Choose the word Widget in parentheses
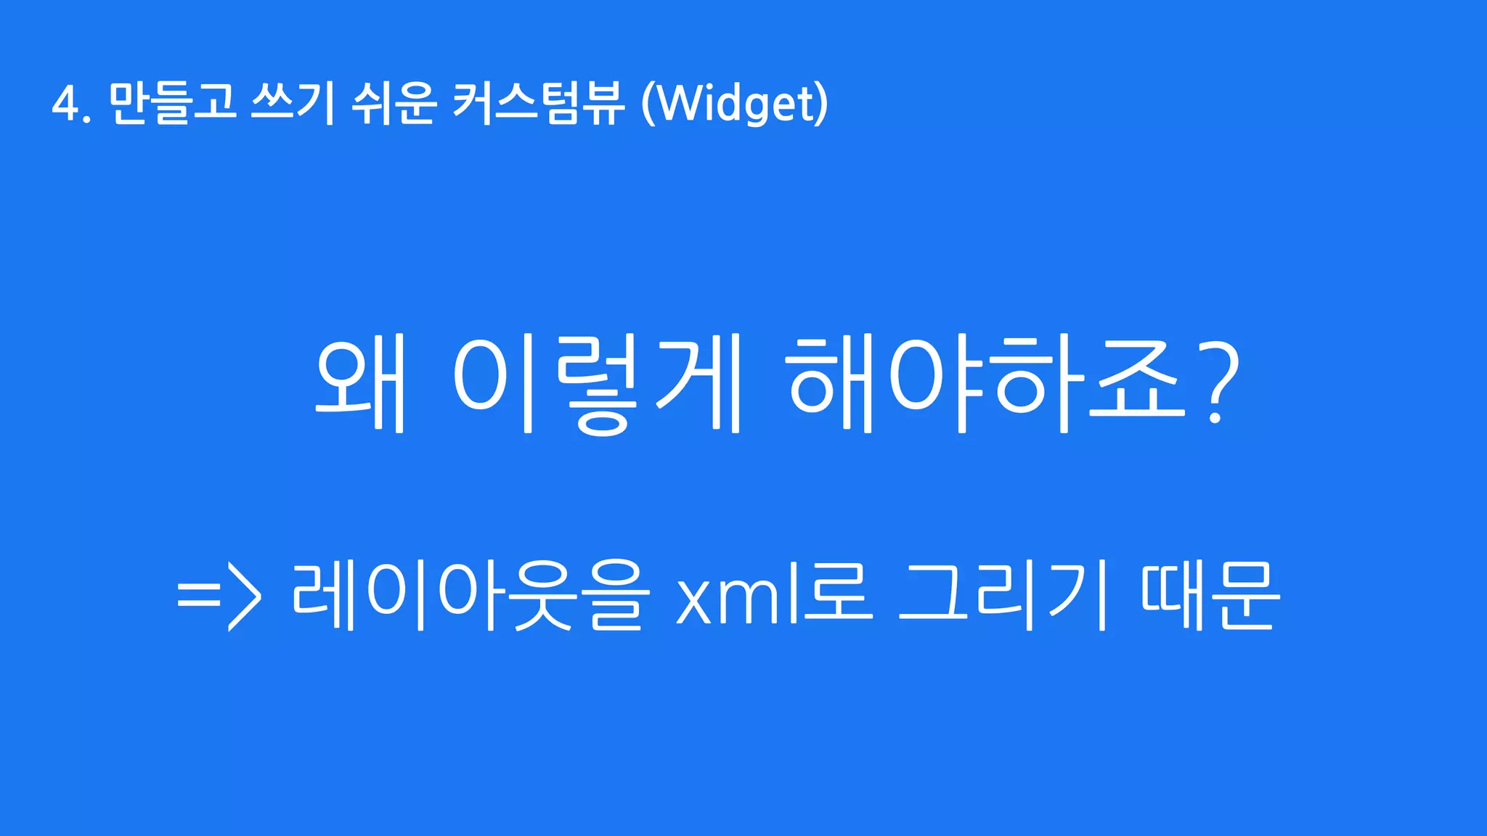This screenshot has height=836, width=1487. click(x=734, y=104)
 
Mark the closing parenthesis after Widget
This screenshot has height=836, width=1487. click(x=821, y=104)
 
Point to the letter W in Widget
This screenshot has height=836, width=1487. click(x=682, y=104)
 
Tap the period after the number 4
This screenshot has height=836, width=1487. click(x=87, y=118)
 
